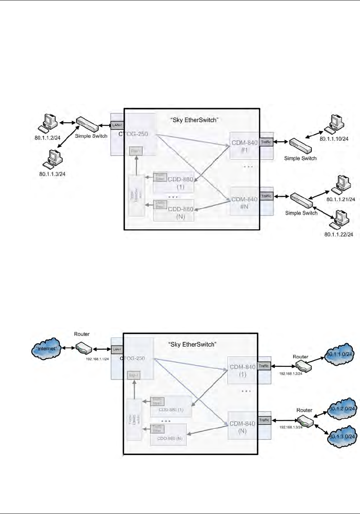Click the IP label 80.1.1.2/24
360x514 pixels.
pyautogui.click(x=47, y=138)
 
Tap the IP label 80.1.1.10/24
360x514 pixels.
pyautogui.click(x=334, y=139)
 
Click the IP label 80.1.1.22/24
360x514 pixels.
pyautogui.click(x=339, y=234)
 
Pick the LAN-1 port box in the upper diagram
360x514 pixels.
pyautogui.click(x=117, y=125)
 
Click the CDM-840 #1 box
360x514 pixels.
pyautogui.click(x=245, y=146)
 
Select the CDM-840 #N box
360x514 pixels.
pyautogui.click(x=245, y=203)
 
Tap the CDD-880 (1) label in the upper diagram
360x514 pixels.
pyautogui.click(x=180, y=183)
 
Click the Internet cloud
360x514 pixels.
pyautogui.click(x=46, y=349)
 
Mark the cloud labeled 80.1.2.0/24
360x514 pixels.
pyautogui.click(x=342, y=409)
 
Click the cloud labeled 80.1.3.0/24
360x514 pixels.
pyautogui.click(x=342, y=436)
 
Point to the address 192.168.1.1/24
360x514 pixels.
pyautogui.click(x=97, y=359)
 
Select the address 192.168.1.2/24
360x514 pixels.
pyautogui.click(x=290, y=374)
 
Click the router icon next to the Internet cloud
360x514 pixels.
pyautogui.click(x=83, y=348)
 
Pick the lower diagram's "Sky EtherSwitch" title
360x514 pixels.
pyautogui.click(x=192, y=344)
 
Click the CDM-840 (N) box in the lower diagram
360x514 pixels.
pyautogui.click(x=243, y=427)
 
